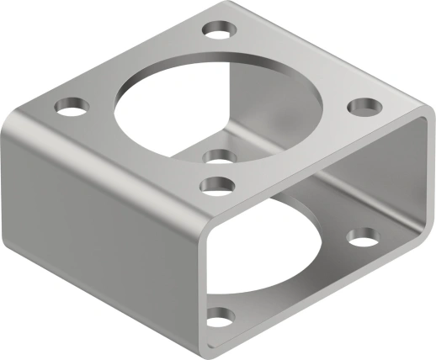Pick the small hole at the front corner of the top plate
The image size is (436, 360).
[218, 185]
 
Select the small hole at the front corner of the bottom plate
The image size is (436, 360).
[221, 318]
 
